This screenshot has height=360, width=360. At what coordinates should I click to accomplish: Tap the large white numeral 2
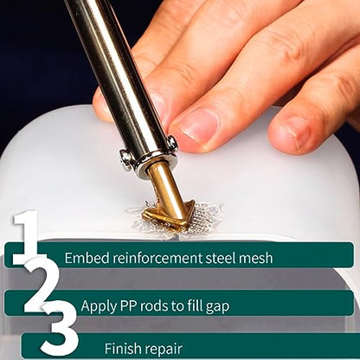point(41,286)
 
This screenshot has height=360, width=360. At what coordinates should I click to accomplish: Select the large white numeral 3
point(60,329)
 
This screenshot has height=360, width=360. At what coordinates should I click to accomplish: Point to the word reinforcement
point(158,258)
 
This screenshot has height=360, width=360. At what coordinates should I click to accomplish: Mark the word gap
point(217,307)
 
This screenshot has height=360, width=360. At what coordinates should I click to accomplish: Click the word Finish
point(122,348)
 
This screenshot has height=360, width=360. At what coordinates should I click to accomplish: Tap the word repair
point(164,350)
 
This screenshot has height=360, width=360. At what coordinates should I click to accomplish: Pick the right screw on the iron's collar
point(172,143)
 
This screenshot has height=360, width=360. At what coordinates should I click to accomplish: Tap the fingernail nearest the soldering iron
point(199,126)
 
